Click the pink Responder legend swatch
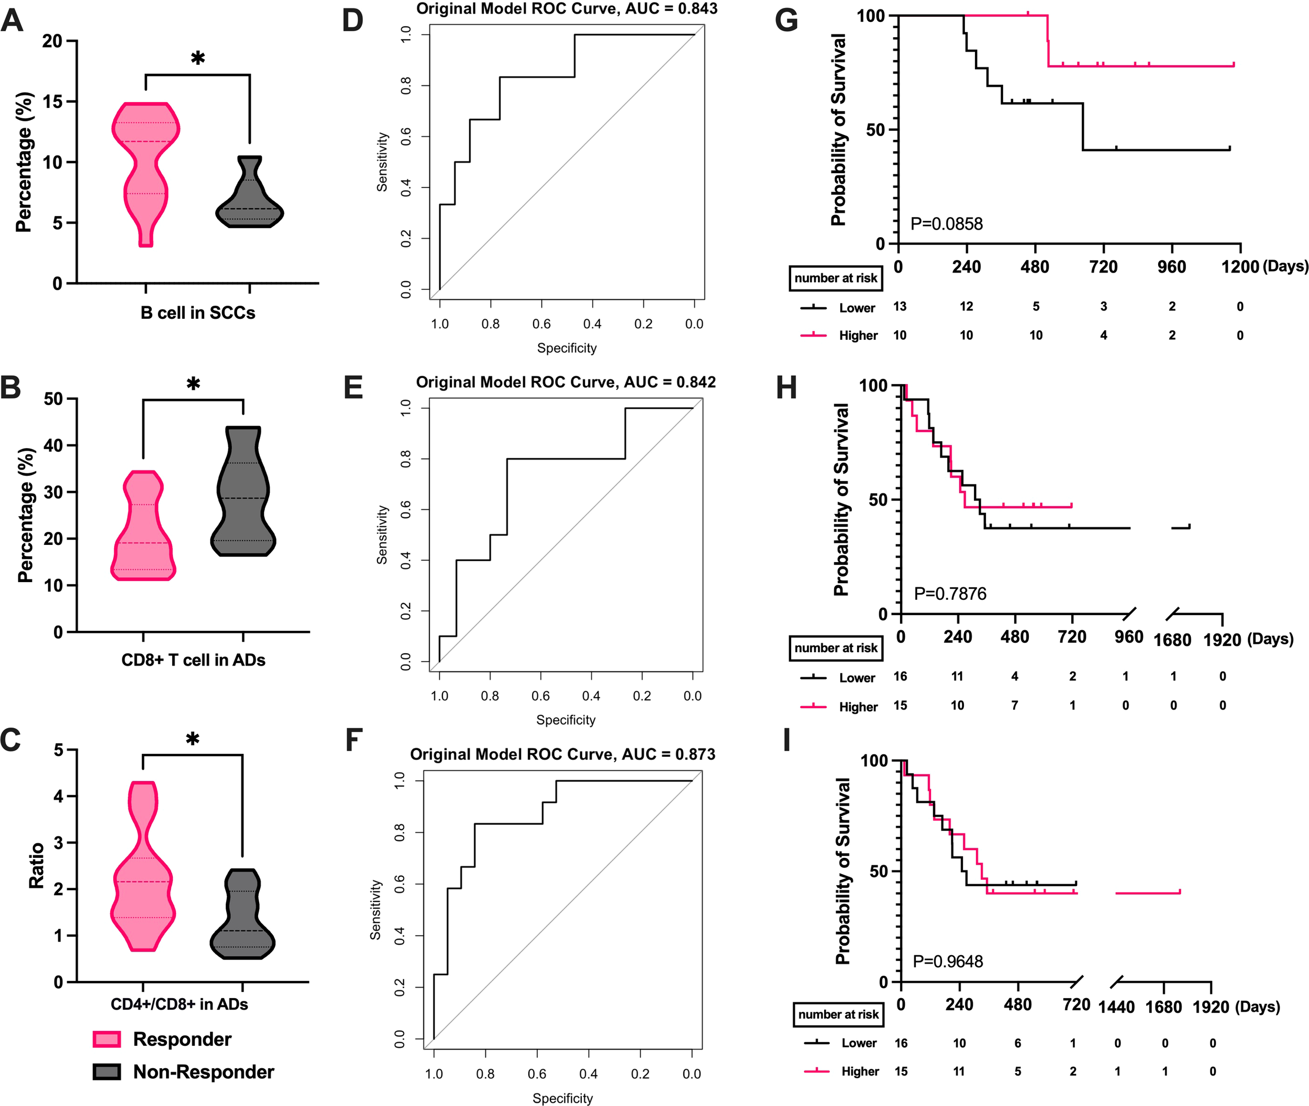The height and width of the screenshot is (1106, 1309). (107, 1039)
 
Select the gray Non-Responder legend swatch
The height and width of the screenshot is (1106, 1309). (107, 1071)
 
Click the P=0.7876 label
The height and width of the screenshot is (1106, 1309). (950, 593)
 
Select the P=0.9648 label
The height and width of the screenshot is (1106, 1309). (948, 961)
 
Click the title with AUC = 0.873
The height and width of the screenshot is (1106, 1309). (563, 754)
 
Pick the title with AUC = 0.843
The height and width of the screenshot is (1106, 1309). (567, 9)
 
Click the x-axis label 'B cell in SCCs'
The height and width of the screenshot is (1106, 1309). (197, 313)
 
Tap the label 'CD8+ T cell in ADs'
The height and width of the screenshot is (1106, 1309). (193, 660)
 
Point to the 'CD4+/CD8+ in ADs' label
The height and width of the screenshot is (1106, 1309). (180, 1004)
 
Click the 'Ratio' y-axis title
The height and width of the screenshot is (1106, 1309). (36, 865)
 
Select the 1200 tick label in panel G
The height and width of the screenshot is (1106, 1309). (1239, 267)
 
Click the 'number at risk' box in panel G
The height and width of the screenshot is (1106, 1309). (836, 278)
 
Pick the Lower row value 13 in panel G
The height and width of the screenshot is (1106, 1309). (900, 307)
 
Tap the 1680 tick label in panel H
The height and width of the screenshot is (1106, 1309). (1172, 640)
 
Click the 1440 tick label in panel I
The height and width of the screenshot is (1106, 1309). (1116, 1007)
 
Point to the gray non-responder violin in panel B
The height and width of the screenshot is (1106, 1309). (243, 495)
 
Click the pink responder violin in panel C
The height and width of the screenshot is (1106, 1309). (143, 872)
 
